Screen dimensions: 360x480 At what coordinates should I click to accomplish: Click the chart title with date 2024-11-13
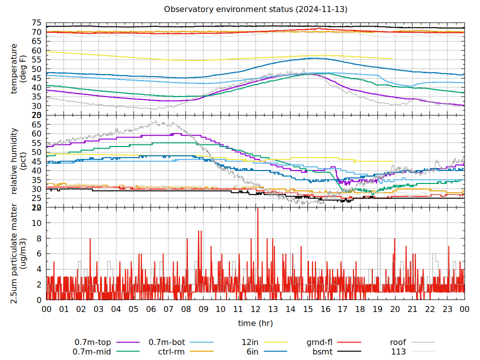coord(255,9)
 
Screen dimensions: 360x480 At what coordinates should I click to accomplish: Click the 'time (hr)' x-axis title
coord(255,323)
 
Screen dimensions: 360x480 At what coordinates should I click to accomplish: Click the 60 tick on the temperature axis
coord(36,50)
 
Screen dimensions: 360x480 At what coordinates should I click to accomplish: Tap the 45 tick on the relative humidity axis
coord(36,161)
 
